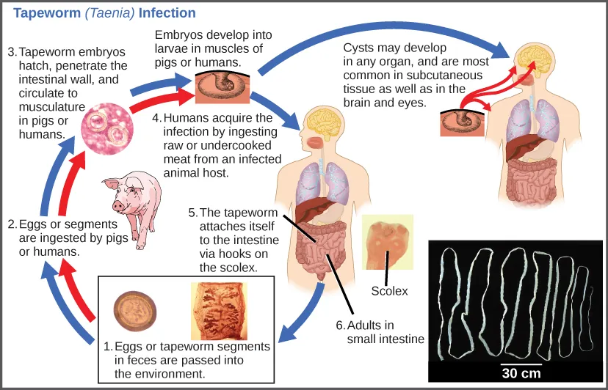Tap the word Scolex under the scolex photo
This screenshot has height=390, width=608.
(390, 291)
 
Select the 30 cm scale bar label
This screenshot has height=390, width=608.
(521, 373)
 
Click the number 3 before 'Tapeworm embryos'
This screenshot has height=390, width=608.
(12, 52)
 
